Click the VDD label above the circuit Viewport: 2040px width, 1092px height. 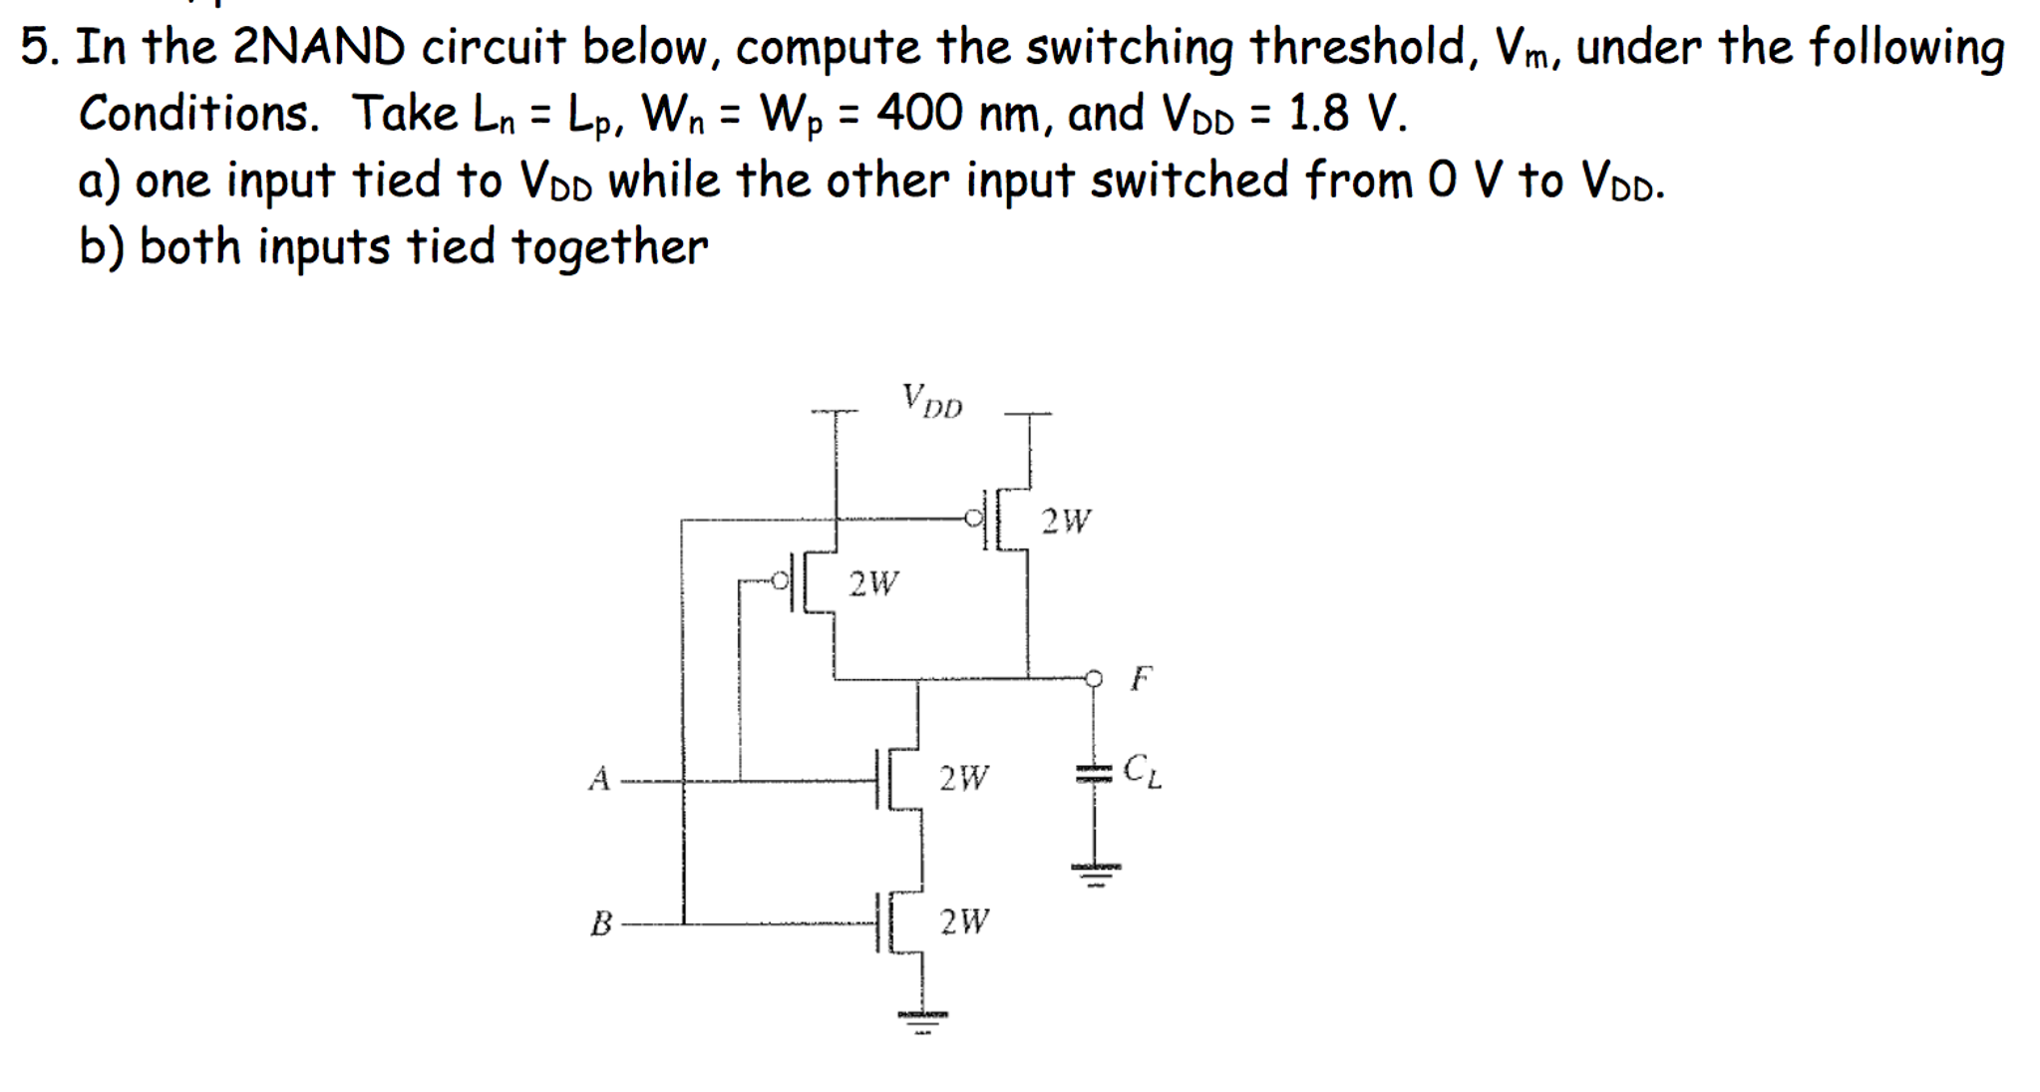[932, 401]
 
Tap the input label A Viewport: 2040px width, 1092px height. [598, 778]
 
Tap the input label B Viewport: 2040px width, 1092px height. [601, 923]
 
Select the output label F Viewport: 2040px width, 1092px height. [1141, 679]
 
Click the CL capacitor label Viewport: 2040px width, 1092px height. [1142, 770]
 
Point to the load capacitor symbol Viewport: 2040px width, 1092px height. [1093, 773]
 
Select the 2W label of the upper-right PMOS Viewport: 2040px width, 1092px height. [1066, 521]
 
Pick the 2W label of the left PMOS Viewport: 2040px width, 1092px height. [873, 582]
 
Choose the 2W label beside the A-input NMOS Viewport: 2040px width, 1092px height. [964, 777]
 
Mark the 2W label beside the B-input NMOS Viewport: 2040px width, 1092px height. [964, 921]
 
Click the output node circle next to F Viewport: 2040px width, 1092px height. [1094, 679]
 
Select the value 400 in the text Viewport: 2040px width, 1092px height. [918, 113]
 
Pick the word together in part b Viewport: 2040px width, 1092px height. [609, 246]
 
